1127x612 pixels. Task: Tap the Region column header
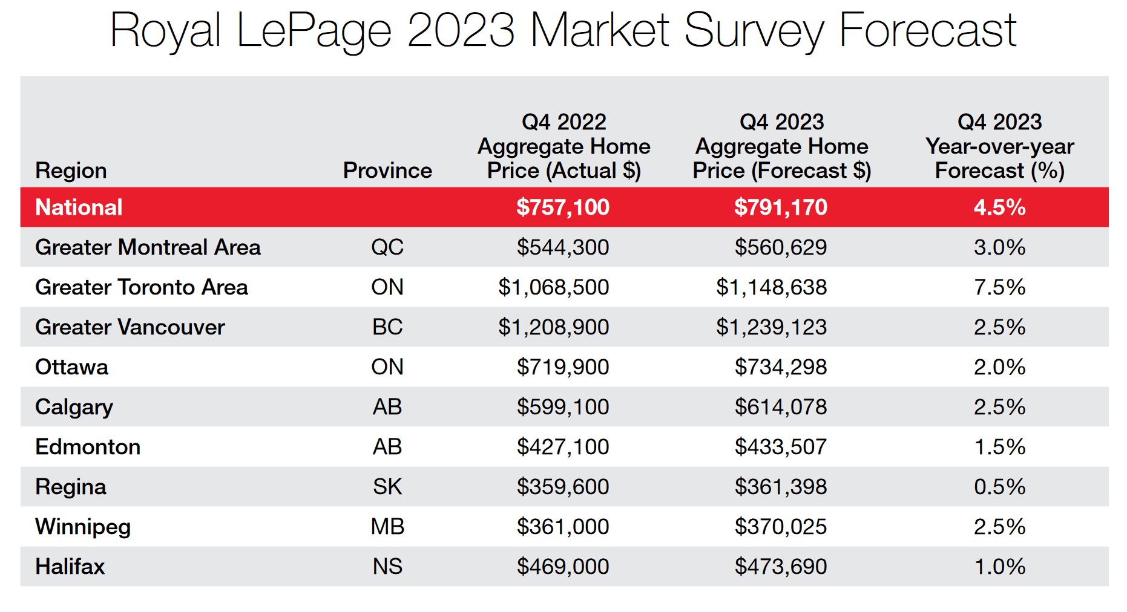[x=71, y=171]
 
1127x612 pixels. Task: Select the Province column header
[x=387, y=171]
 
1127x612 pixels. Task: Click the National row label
[x=79, y=207]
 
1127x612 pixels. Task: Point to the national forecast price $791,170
[x=780, y=207]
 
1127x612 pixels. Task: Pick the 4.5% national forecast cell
[x=999, y=207]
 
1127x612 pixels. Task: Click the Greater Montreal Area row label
[x=148, y=247]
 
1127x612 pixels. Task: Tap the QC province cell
[x=387, y=247]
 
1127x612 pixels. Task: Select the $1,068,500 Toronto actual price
[x=553, y=287]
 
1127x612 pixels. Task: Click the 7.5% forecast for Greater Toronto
[x=999, y=287]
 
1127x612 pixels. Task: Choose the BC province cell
[x=387, y=327]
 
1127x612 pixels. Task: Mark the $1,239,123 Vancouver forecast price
[x=771, y=327]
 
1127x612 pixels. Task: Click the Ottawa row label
[x=71, y=367]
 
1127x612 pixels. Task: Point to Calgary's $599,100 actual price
[x=562, y=407]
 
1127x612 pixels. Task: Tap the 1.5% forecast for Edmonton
[x=999, y=447]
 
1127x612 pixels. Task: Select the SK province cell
[x=387, y=487]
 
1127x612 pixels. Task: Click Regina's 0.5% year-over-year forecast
[x=999, y=487]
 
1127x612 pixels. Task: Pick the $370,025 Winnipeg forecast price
[x=780, y=527]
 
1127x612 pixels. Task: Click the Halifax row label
[x=70, y=567]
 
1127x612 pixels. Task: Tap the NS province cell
[x=387, y=567]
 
